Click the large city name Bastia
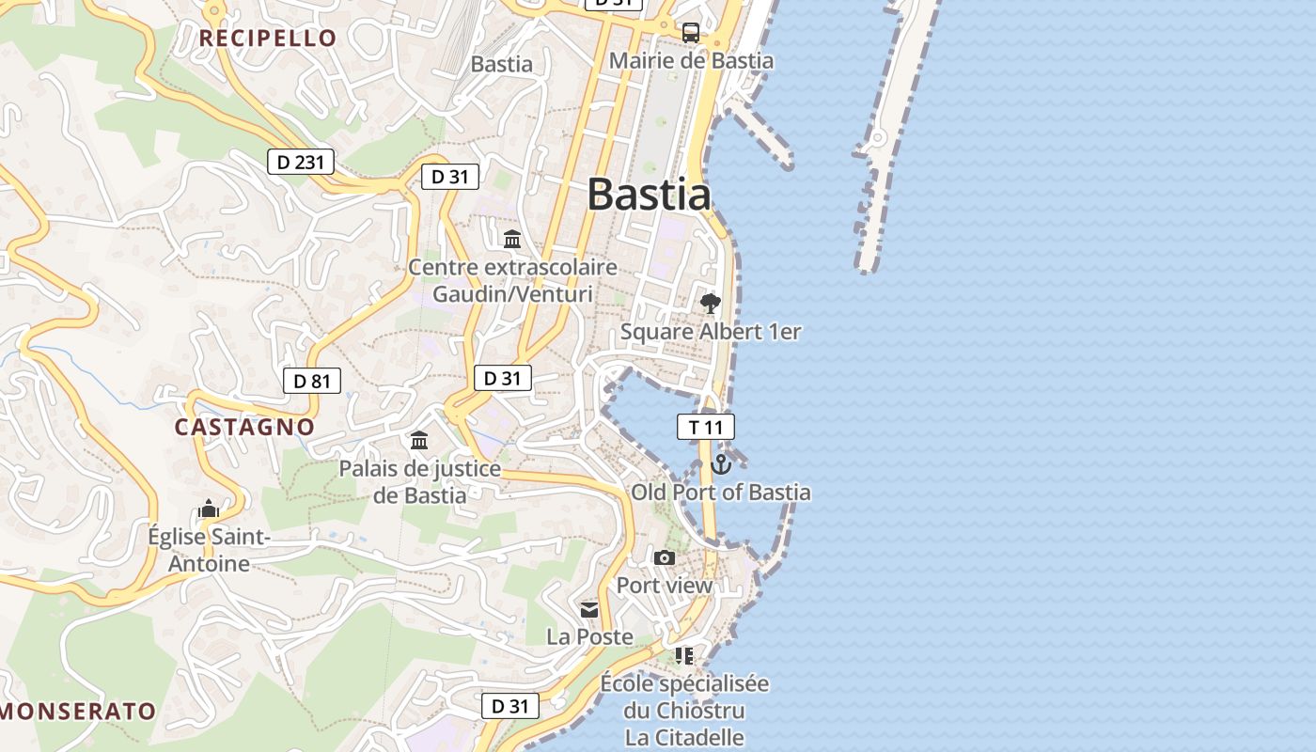click(x=649, y=195)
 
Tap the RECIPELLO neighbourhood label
click(x=268, y=38)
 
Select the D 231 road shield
click(x=301, y=162)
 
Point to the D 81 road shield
click(x=312, y=381)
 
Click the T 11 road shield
click(x=705, y=427)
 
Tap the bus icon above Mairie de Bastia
click(x=691, y=33)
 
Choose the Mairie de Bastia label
click(x=691, y=61)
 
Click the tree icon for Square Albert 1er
click(x=710, y=304)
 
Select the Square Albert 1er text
click(x=711, y=332)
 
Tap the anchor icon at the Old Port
click(x=721, y=464)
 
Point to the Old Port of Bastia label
click(x=720, y=492)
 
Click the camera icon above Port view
click(x=665, y=558)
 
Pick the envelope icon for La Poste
click(x=589, y=610)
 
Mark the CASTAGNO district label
click(x=244, y=426)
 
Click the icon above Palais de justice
click(x=419, y=440)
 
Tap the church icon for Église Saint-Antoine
click(x=209, y=509)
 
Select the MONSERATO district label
click(x=78, y=711)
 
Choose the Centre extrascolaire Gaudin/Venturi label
click(x=512, y=280)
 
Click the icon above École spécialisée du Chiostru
click(x=684, y=655)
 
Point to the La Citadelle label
click(x=684, y=738)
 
